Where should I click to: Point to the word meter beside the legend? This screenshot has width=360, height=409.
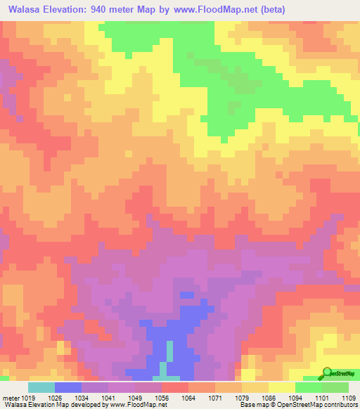[11, 398]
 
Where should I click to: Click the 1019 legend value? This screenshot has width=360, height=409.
[28, 398]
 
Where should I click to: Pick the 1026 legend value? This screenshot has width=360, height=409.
[55, 398]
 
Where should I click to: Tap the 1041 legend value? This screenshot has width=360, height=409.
[108, 398]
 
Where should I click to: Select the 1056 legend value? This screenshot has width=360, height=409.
[161, 398]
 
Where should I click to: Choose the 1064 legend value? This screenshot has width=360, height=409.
[188, 398]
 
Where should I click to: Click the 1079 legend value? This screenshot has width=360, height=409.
[241, 398]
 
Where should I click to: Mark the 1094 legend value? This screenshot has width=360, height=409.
[295, 398]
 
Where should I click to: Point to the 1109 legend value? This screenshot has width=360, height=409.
[348, 398]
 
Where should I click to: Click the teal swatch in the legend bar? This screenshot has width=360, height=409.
[41, 387]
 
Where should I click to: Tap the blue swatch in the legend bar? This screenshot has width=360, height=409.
[68, 387]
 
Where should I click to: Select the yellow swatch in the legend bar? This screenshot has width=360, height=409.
[281, 387]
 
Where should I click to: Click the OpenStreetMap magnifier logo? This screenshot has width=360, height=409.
[327, 372]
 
